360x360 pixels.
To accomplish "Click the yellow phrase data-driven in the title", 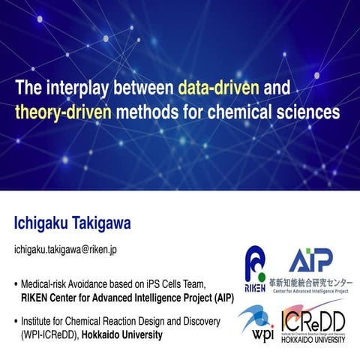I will click(219, 88).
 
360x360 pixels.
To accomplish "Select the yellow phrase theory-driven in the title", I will click(62, 113).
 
